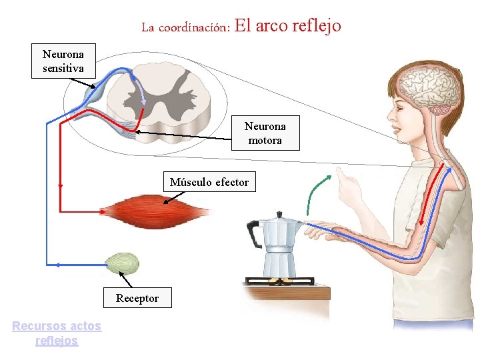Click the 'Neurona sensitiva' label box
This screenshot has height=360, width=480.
point(63,61)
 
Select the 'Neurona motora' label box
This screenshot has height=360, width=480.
point(265,133)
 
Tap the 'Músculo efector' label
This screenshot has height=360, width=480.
point(209,182)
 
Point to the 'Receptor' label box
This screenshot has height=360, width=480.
point(137,298)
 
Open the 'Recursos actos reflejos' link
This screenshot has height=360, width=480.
point(57,333)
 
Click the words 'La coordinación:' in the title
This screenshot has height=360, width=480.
point(185,28)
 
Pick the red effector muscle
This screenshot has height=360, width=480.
point(157,211)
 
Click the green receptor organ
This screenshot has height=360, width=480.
point(123,263)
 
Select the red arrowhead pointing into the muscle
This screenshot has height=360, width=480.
point(103,212)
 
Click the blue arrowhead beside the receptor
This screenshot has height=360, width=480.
point(57,265)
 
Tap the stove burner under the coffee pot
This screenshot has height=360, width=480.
point(280,279)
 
